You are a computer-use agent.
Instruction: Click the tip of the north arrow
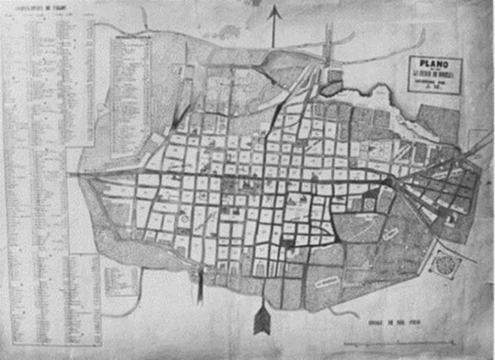[274, 8]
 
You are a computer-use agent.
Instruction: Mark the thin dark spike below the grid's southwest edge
[200, 287]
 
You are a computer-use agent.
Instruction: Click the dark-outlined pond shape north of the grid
[332, 88]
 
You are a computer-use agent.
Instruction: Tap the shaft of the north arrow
[274, 31]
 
